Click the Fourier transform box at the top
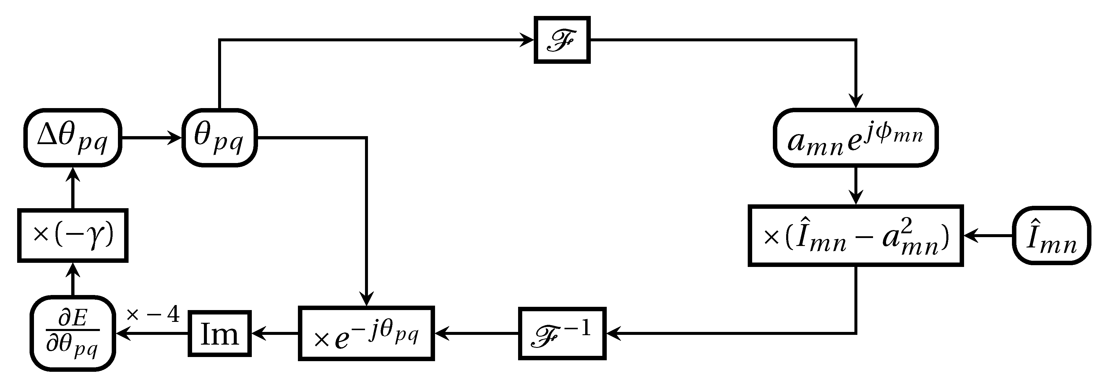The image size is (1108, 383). [562, 40]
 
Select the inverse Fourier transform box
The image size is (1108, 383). [562, 333]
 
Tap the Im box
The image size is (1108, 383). [219, 333]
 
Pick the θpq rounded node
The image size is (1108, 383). [219, 137]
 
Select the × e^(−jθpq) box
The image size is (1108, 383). [366, 333]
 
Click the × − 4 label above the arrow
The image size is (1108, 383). [153, 315]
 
